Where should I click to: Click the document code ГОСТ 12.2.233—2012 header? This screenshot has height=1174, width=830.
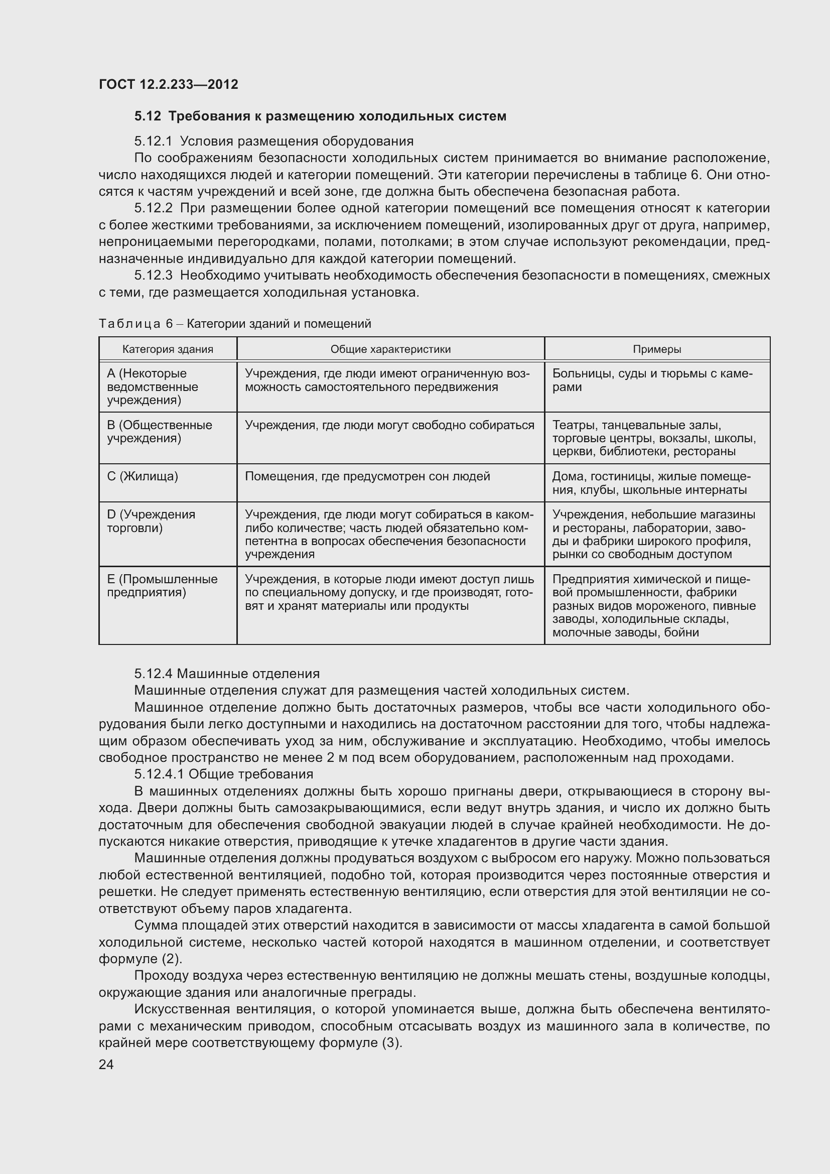click(x=169, y=84)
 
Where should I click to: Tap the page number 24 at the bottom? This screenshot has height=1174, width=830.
click(x=106, y=1065)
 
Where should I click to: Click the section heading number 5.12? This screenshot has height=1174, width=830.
click(x=148, y=116)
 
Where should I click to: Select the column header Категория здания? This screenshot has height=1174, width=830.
click(x=168, y=349)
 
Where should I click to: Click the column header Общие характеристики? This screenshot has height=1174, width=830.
click(x=390, y=349)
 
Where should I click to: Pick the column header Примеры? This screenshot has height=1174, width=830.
click(x=657, y=349)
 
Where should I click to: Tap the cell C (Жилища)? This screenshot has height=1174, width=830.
click(x=143, y=476)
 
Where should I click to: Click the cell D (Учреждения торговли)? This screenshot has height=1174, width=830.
click(x=151, y=521)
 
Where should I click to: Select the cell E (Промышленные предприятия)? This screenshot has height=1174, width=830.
click(x=162, y=585)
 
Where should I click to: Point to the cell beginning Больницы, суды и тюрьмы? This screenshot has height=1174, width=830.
click(x=652, y=380)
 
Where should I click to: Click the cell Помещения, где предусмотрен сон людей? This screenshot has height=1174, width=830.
click(x=367, y=476)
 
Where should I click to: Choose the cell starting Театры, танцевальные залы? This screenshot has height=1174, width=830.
click(x=654, y=438)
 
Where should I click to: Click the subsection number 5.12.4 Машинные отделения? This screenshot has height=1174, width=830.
click(x=154, y=674)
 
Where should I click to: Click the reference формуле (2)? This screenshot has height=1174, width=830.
click(x=141, y=959)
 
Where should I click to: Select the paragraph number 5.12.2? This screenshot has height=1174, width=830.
click(x=154, y=208)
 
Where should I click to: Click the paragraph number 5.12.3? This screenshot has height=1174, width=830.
click(x=154, y=276)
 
